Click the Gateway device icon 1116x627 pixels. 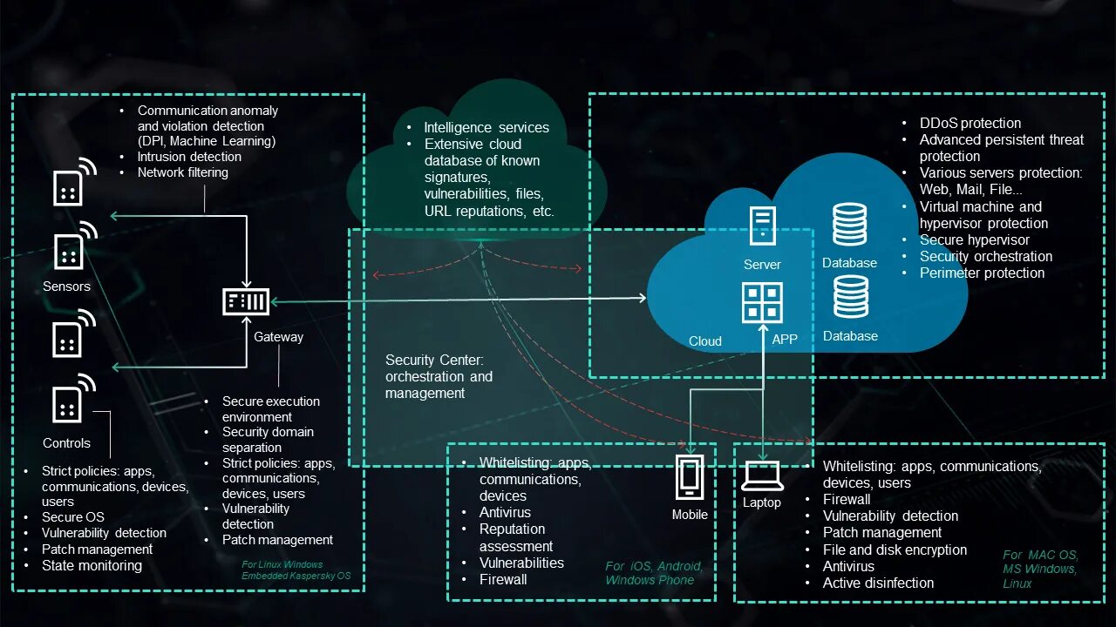click(x=246, y=302)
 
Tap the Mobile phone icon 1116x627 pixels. click(x=690, y=477)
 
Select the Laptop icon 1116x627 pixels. click(x=762, y=475)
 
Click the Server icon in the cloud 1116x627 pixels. click(x=762, y=226)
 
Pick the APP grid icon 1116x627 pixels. click(x=762, y=303)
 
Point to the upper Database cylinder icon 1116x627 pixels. click(x=849, y=225)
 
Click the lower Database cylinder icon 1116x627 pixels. click(x=850, y=297)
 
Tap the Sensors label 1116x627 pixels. click(x=66, y=287)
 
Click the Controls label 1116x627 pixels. click(x=66, y=443)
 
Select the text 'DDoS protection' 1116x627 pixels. click(x=970, y=124)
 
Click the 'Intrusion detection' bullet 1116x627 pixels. click(x=189, y=157)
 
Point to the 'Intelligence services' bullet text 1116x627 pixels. click(x=487, y=128)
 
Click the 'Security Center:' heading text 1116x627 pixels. click(x=434, y=360)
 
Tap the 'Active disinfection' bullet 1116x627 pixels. click(x=878, y=583)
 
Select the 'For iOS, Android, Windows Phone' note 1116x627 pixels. click(x=653, y=573)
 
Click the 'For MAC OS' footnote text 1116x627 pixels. click(x=1039, y=556)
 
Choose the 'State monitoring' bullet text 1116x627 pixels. click(x=92, y=566)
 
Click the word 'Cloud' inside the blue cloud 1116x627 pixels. click(x=705, y=341)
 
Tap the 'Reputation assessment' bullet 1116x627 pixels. click(x=515, y=537)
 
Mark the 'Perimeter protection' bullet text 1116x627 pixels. click(x=982, y=273)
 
